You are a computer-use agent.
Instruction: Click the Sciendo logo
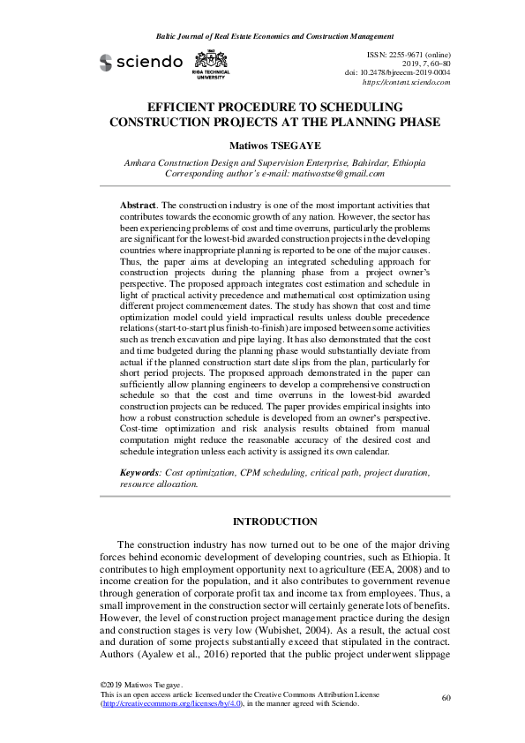(x=141, y=62)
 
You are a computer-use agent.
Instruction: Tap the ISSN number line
(x=408, y=55)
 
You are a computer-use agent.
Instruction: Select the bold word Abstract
(x=139, y=204)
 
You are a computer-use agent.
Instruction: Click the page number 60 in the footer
(x=446, y=698)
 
